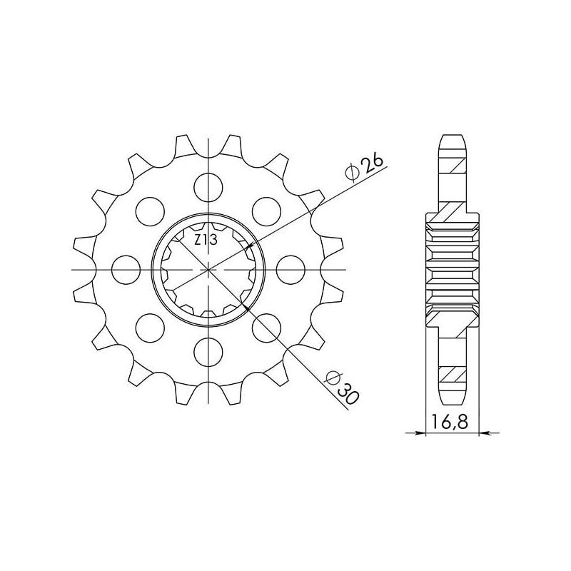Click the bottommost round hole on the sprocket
(208, 350)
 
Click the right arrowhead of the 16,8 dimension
(483, 433)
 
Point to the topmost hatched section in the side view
(453, 168)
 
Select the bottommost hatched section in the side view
(453, 373)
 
